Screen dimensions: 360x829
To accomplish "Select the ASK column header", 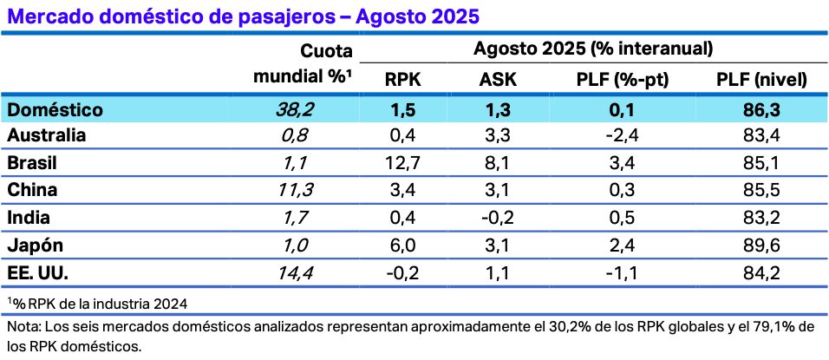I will pyautogui.click(x=499, y=80).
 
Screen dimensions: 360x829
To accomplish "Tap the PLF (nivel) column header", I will pyautogui.click(x=762, y=80).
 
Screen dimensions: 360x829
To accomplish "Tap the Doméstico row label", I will pyautogui.click(x=54, y=109).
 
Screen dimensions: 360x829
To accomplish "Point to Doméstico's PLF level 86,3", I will pyautogui.click(x=762, y=109).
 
